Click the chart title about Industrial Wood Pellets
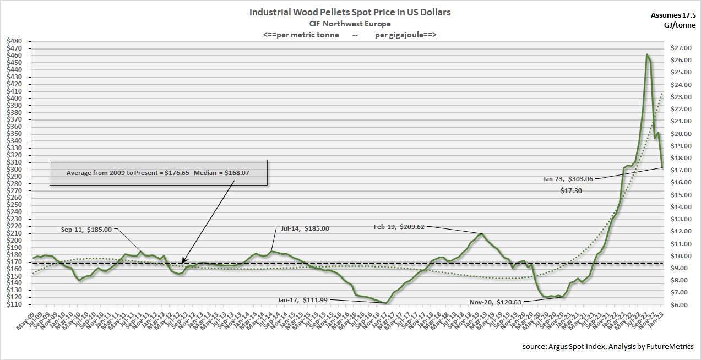point(350,12)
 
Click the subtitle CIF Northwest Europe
point(350,24)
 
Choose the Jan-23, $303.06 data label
point(567,179)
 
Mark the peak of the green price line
point(646,54)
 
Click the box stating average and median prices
point(159,173)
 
